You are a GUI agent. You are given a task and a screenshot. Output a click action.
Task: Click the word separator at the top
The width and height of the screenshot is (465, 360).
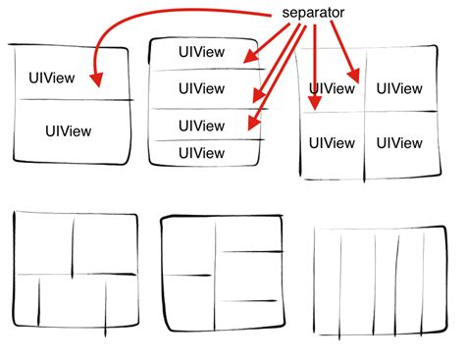click(x=313, y=13)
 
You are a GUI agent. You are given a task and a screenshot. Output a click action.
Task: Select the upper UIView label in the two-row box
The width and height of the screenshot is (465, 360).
click(x=52, y=77)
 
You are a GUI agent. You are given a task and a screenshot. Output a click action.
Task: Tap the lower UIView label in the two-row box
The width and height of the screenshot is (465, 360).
click(x=69, y=131)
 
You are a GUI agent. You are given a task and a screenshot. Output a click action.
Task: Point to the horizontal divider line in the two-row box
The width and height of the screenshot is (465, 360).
click(x=75, y=100)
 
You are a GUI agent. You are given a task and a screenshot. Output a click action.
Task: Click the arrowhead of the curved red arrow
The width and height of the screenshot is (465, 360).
click(x=97, y=80)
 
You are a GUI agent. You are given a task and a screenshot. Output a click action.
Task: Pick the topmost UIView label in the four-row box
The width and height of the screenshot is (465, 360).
click(x=201, y=52)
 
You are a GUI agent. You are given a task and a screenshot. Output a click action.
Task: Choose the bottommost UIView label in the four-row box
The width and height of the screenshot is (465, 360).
click(x=201, y=153)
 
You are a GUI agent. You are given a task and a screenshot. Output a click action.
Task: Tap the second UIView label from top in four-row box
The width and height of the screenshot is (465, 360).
click(x=201, y=88)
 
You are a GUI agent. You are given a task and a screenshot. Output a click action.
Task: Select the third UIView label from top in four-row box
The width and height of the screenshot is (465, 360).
click(x=201, y=126)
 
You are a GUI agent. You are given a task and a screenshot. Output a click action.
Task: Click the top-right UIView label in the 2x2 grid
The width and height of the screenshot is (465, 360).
click(x=399, y=88)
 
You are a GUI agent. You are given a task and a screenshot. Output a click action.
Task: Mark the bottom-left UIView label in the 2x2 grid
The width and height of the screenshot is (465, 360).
click(x=332, y=143)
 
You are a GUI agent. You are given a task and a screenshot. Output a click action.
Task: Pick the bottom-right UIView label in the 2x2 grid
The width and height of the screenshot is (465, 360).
click(x=399, y=143)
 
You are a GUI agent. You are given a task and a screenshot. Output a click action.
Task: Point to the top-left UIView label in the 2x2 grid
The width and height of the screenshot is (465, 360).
click(x=332, y=88)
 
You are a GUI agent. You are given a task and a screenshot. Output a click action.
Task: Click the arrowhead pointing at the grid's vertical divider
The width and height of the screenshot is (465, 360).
click(x=354, y=76)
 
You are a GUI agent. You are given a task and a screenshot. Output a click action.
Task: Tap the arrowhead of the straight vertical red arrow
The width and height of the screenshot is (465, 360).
click(x=315, y=103)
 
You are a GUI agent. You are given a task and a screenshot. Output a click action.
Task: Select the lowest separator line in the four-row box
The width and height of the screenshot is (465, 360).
click(x=209, y=140)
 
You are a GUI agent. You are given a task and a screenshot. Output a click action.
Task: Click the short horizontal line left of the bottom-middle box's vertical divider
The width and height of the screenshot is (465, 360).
click(x=187, y=276)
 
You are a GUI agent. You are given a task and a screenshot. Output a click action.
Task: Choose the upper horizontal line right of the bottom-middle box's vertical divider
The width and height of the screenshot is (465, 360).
click(x=252, y=251)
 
